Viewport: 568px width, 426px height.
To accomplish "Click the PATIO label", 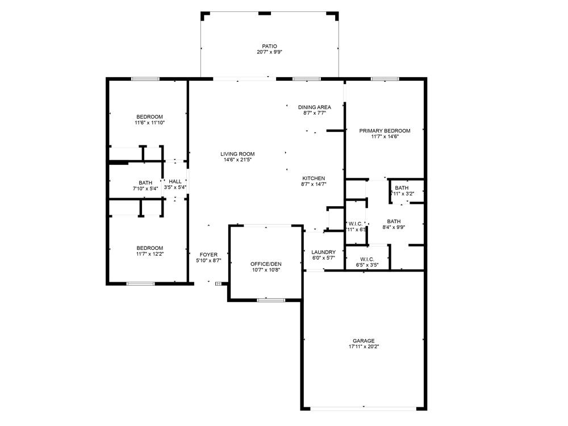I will (269, 46).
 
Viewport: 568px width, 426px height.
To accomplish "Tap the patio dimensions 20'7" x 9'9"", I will (269, 52).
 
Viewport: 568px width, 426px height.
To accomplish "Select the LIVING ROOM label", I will (237, 154).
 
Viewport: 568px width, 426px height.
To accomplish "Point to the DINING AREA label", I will (314, 107).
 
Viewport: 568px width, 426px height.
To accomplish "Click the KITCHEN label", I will (314, 178).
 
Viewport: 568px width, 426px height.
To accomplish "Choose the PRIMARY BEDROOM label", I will (385, 131).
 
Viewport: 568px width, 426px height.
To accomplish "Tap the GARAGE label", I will (364, 341).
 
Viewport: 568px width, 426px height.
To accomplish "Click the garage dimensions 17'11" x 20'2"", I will (364, 346).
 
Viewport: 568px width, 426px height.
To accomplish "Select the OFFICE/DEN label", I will (266, 264).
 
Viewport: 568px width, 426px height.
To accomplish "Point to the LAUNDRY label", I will (324, 252).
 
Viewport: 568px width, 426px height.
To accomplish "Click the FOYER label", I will (208, 254).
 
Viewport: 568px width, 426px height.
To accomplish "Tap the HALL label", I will (175, 182).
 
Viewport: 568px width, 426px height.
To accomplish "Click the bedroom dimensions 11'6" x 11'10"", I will (149, 123).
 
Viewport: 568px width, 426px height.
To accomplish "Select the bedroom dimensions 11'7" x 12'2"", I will (149, 254).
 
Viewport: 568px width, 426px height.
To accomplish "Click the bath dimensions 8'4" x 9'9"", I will (394, 228).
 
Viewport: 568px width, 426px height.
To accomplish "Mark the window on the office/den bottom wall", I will (270, 299).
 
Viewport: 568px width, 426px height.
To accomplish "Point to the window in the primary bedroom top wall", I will (385, 79).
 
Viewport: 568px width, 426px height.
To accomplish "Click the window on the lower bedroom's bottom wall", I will (140, 283).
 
